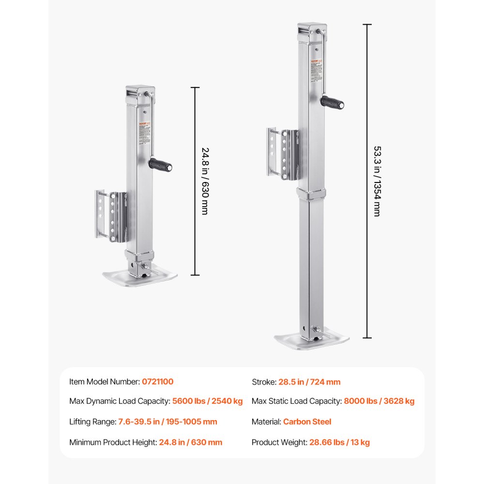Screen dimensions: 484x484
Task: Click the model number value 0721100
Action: point(157,382)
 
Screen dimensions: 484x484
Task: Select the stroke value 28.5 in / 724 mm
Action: point(309,382)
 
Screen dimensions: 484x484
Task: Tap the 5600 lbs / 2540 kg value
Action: point(207,401)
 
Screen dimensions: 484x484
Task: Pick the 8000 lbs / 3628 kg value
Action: point(379,401)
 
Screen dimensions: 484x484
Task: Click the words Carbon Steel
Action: point(307,422)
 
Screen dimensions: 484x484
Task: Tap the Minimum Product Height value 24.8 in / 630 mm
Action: point(190,442)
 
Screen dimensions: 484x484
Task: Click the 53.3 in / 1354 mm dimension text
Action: point(377,181)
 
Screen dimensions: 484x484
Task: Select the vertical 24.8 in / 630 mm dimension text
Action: point(204,181)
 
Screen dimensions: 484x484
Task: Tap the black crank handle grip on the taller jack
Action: point(333,102)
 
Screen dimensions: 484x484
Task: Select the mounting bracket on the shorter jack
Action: point(110,215)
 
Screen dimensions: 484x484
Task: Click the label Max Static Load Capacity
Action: point(296,401)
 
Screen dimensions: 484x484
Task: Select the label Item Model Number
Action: point(104,382)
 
